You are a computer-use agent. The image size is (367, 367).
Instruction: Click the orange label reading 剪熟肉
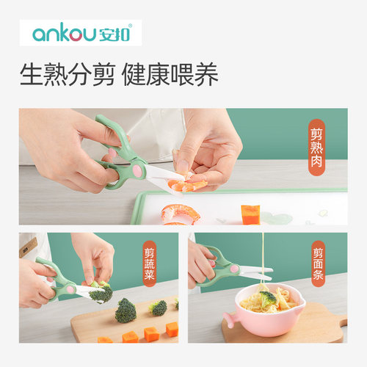coord(316,144)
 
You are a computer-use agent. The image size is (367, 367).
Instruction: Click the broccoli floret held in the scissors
coord(100,292)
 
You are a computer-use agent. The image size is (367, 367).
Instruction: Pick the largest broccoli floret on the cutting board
coord(126,310)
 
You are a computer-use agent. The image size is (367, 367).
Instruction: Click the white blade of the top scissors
coord(161,172)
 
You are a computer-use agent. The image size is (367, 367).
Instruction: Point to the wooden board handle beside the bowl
coord(339,321)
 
